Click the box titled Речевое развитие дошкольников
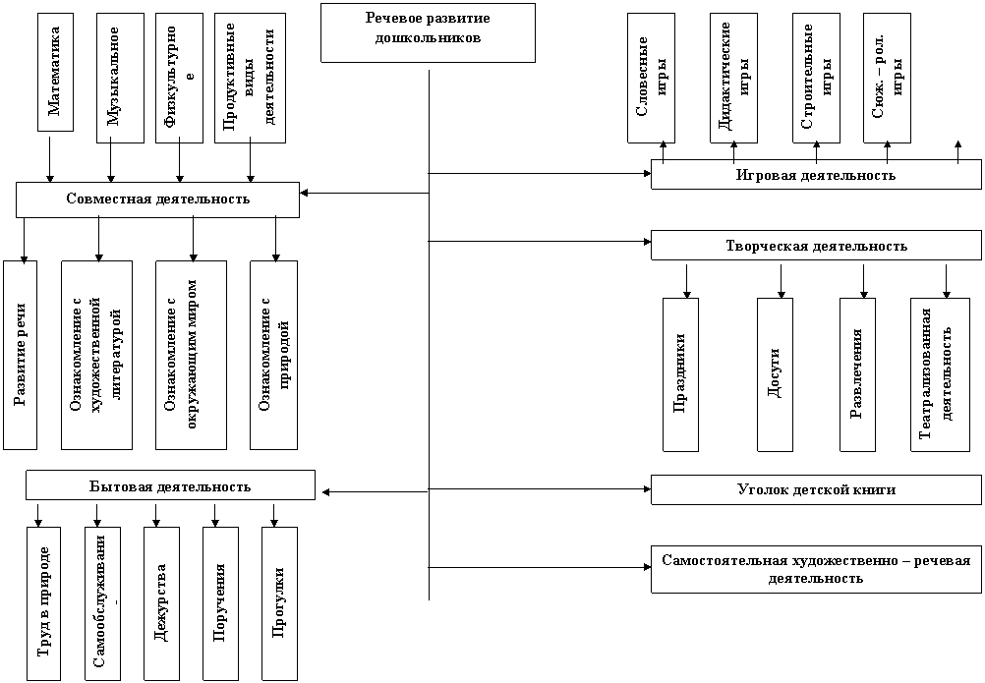tap(428, 32)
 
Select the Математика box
tap(55, 72)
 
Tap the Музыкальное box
tap(120, 78)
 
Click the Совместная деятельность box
tap(157, 199)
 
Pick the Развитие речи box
tap(20, 355)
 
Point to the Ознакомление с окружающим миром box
tap(191, 355)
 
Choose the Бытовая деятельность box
tap(170, 485)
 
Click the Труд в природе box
tap(44, 603)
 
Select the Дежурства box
tap(161, 603)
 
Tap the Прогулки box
tap(279, 603)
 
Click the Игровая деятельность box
tap(816, 175)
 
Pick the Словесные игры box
tap(651, 78)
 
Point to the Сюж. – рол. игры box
tap(887, 78)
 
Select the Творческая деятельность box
tap(816, 246)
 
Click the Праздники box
tap(680, 374)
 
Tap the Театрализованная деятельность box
tap(941, 374)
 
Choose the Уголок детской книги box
tap(816, 489)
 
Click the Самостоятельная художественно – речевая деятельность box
tap(816, 569)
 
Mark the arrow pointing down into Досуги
tap(782, 281)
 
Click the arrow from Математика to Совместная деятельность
tap(50, 157)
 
